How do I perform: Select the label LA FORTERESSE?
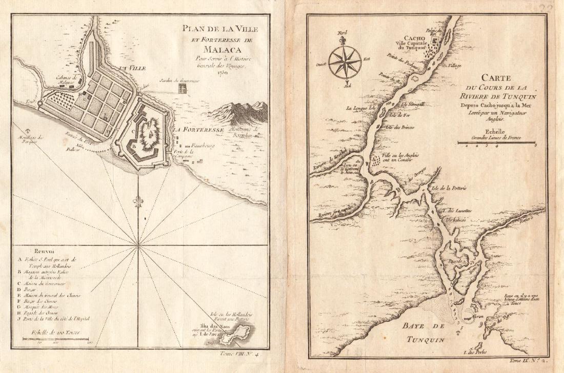[x=198, y=130]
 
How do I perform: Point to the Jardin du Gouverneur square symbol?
[x=183, y=89]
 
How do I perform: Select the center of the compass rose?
[x=345, y=63]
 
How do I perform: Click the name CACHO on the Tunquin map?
[x=410, y=38]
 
